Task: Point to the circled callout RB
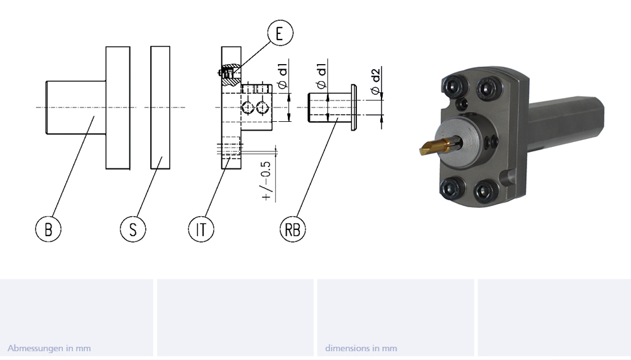tap(292, 229)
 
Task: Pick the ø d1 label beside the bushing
tap(321, 75)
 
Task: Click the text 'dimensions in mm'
tap(361, 348)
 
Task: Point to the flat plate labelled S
tap(160, 107)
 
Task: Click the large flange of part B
tap(118, 107)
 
